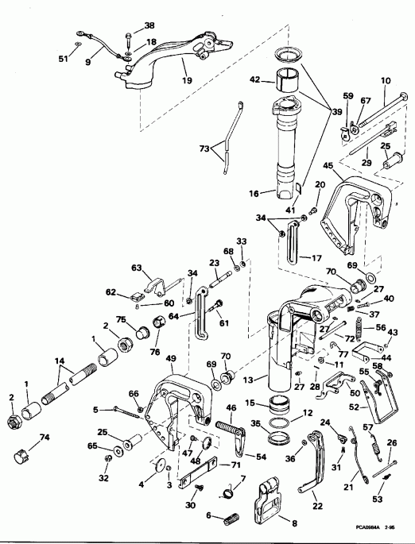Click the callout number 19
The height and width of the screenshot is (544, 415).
click(187, 79)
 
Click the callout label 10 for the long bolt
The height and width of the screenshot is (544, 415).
click(386, 80)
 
